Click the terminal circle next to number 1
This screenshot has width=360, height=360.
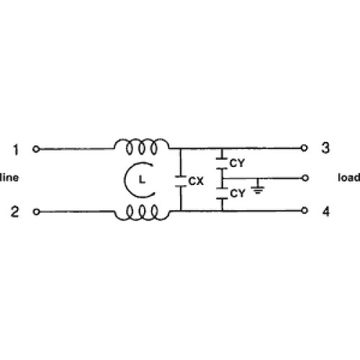pos(36,149)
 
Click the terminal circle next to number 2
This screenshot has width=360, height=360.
pos(36,212)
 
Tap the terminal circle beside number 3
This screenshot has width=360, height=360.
pos(304,148)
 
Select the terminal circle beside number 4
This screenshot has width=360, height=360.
pos(305,210)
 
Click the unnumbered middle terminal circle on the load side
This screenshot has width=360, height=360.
pos(305,178)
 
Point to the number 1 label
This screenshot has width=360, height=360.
pos(16,150)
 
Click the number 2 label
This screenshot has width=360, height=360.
pos(14,212)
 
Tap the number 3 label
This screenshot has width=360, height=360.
pos(325,148)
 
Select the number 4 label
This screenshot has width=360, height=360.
pos(325,212)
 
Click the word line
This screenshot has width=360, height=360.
pos(9,178)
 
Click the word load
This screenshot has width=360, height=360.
pos(349,178)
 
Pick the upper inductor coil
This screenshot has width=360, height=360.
pos(142,146)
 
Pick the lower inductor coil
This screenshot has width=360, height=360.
pos(142,212)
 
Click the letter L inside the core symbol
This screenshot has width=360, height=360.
pos(142,179)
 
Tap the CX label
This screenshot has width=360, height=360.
pos(196,181)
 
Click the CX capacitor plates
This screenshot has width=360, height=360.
pos(181,181)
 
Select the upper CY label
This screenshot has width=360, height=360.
pos(237,163)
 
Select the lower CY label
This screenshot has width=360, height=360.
pos(238,193)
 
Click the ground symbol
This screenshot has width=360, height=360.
pos(258,189)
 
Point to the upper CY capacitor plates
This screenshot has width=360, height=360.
pos(222,163)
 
